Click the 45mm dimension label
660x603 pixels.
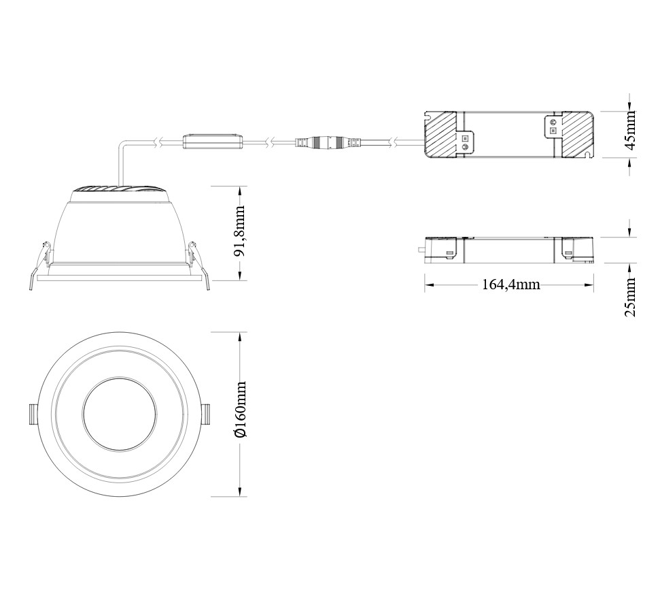click(630, 130)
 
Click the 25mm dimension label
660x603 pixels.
click(630, 297)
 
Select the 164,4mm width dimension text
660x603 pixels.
click(510, 284)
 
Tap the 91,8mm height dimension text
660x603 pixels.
click(239, 231)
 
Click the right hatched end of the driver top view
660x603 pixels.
click(576, 134)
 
